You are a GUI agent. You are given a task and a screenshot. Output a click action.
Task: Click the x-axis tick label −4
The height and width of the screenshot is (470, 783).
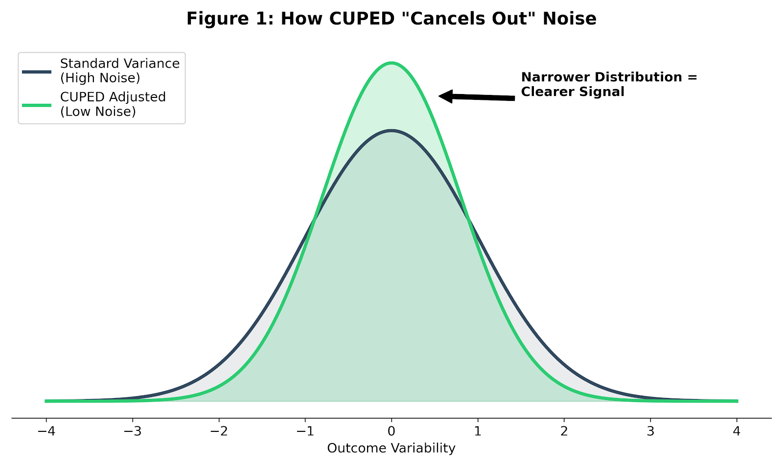[x=46, y=432]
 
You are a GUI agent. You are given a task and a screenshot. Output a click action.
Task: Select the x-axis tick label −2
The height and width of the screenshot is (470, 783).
[x=218, y=432]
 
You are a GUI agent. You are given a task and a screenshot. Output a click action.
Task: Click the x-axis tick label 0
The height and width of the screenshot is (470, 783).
[x=391, y=432]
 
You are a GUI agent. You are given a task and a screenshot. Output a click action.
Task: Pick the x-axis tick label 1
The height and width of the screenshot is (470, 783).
[x=478, y=432]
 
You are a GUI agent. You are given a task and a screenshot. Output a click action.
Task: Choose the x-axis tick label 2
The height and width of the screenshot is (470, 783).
[x=564, y=432]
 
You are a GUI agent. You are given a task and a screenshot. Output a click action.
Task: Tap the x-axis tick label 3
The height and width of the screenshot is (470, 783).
[x=650, y=432]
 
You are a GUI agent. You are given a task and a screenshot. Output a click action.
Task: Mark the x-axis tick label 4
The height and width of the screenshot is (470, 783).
[x=737, y=432]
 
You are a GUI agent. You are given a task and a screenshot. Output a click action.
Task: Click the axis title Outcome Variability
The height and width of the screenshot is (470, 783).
[x=391, y=448]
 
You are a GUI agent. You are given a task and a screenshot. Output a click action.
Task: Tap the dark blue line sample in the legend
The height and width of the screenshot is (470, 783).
[x=37, y=71]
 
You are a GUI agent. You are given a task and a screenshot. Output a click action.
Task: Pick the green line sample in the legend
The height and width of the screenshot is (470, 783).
[x=37, y=105]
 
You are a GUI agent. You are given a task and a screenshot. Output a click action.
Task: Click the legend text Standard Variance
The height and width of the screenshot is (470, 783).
[x=120, y=64]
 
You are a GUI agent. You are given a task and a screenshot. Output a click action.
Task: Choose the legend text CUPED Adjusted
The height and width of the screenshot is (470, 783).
[x=113, y=97]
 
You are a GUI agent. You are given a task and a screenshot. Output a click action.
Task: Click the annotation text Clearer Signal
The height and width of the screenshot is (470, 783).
[x=573, y=92]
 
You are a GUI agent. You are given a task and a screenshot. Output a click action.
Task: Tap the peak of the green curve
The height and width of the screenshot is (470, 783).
[x=391, y=63]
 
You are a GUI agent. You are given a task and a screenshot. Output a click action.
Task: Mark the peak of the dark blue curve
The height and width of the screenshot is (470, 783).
[x=391, y=130]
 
